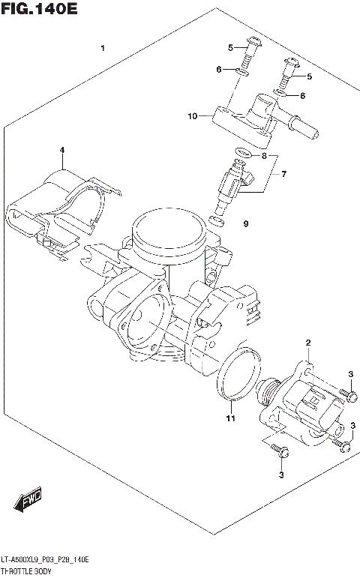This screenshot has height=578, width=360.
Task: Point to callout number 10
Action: coord(193,116)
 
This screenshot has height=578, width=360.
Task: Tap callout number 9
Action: coord(244,223)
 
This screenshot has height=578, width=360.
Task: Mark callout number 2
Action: coord(307,343)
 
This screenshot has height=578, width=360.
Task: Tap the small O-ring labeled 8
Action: coord(240,155)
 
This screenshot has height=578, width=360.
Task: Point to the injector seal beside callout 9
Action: coord(217,220)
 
